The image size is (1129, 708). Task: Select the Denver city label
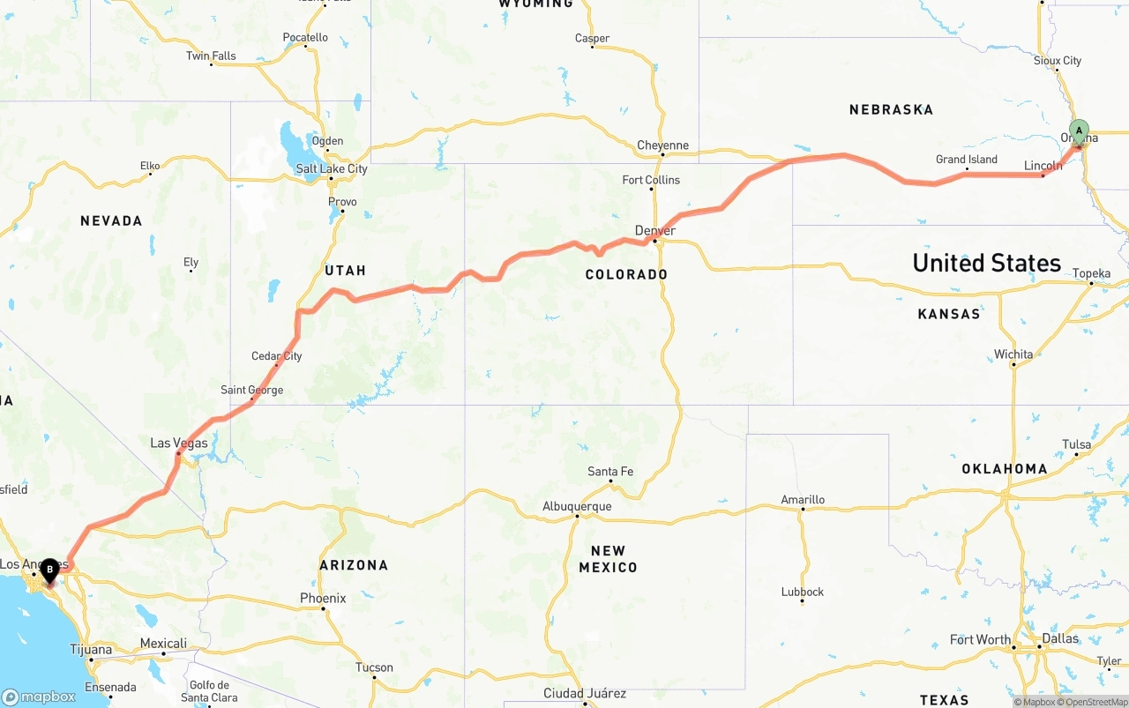(x=655, y=231)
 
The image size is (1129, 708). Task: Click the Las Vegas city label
(x=179, y=443)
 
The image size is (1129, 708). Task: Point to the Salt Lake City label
(x=332, y=168)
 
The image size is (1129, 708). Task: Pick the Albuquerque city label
(x=577, y=507)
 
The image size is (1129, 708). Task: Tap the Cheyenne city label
(x=663, y=145)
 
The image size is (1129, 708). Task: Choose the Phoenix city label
(x=323, y=599)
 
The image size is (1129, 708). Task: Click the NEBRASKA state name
(x=891, y=109)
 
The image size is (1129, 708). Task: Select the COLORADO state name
(x=626, y=274)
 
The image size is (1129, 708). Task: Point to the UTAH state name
(x=345, y=270)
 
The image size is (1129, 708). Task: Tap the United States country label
(x=986, y=263)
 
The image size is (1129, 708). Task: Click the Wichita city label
(x=1013, y=354)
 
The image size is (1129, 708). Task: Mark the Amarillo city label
(x=803, y=500)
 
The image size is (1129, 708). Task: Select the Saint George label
(x=252, y=390)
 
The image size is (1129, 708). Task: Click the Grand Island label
(x=967, y=160)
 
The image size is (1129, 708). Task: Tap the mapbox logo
(x=40, y=697)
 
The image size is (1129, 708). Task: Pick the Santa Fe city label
(x=610, y=472)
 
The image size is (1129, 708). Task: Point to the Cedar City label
(x=277, y=356)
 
